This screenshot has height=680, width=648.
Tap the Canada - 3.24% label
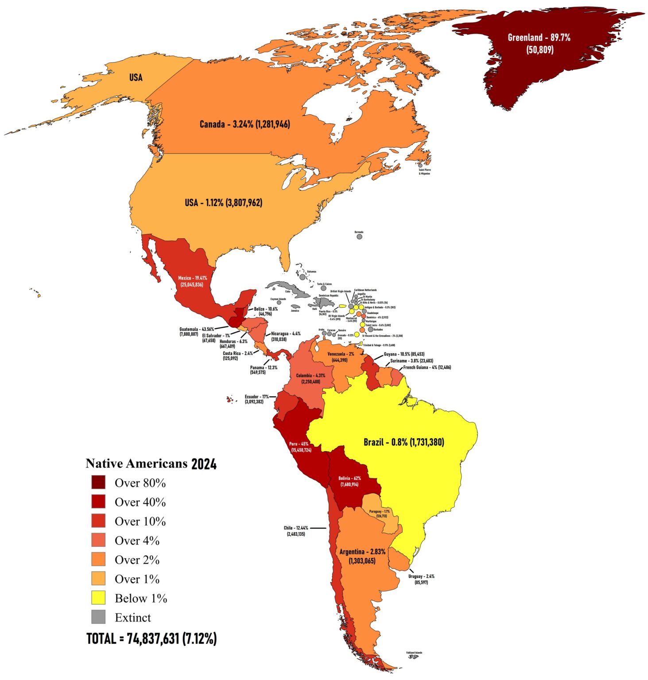244,124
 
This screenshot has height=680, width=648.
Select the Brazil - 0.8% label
404,442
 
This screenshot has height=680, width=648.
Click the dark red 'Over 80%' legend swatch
98,482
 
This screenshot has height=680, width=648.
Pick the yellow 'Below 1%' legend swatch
98,598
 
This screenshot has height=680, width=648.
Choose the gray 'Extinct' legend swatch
98,617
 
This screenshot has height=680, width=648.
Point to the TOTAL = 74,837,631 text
151,638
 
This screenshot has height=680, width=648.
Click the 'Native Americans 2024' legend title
151,464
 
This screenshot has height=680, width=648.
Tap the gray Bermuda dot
359,237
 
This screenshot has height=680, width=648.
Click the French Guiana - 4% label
427,367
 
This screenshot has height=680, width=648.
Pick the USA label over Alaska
136,77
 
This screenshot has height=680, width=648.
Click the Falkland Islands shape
413,657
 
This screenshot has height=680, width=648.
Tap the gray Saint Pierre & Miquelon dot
420,165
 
